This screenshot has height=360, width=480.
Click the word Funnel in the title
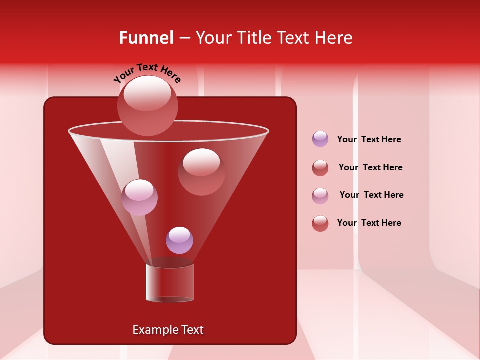pos(146,38)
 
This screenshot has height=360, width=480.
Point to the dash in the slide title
pos(184,38)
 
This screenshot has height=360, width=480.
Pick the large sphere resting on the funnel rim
pos(147,106)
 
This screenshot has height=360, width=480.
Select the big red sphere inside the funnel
pos(201,171)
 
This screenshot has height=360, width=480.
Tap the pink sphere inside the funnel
pos(139,197)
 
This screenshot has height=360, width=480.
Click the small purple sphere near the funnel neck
pos(179,240)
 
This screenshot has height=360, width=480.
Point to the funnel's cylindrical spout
pos(170,283)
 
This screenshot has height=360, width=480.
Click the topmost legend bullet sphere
pos(320,139)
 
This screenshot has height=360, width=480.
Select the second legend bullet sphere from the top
pos(320,168)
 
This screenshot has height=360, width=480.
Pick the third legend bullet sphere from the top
pos(320,196)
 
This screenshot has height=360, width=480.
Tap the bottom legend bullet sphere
pos(320,223)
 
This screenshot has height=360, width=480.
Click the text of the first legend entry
pos(369,140)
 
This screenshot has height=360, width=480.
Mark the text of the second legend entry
pos(370,168)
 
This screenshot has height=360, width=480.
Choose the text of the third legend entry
pos(371,195)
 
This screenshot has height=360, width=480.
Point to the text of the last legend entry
pos(369,223)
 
